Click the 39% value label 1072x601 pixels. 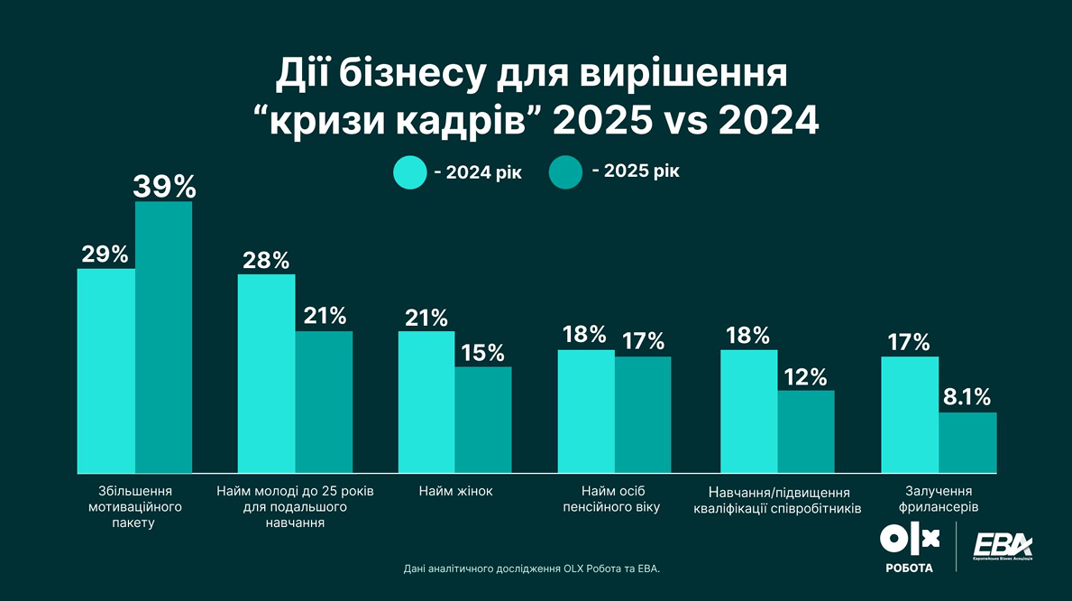(x=164, y=186)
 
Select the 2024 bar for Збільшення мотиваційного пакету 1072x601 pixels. (x=106, y=370)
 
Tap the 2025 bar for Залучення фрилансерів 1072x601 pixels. (x=967, y=442)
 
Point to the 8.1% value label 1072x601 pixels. (x=967, y=397)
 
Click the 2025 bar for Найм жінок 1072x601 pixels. (x=483, y=419)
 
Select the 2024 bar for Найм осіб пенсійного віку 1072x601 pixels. (x=586, y=411)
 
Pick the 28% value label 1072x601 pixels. (x=266, y=261)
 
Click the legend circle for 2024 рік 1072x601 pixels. (x=410, y=172)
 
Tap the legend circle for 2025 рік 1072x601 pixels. (x=565, y=172)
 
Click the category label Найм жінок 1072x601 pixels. (x=455, y=492)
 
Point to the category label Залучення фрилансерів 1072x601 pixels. (x=939, y=499)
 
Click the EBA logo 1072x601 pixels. (x=1003, y=547)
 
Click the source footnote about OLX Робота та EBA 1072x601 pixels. (x=532, y=569)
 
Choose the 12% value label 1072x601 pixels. (x=806, y=376)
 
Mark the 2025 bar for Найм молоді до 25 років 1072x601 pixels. (x=324, y=402)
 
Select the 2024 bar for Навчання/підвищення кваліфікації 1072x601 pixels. (x=748, y=411)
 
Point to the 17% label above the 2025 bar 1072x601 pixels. (x=644, y=342)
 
